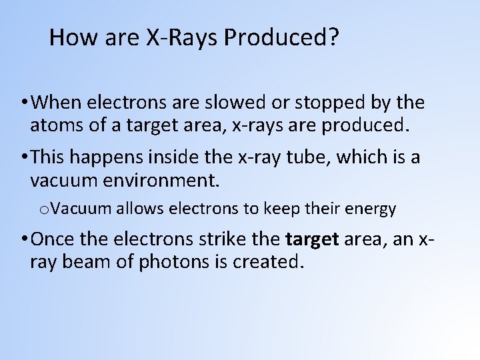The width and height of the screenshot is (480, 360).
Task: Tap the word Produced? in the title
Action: point(281,37)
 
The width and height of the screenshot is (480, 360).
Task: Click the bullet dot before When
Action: point(24,103)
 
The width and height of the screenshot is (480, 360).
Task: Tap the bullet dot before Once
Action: point(24,239)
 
